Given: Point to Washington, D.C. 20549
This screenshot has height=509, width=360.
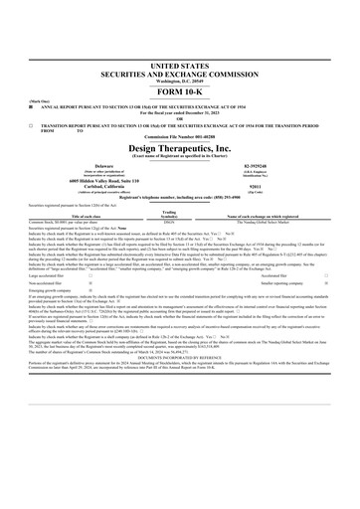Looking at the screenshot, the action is point(179,77).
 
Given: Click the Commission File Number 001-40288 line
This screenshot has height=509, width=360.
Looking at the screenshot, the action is point(179,137).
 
